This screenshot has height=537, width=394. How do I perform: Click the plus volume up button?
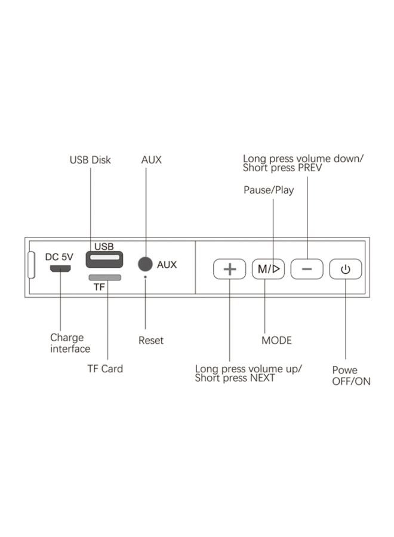[x=230, y=269]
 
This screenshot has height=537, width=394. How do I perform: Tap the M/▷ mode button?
[x=269, y=269]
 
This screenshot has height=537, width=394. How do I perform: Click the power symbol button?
[x=346, y=269]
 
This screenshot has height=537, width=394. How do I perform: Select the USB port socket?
[x=104, y=260]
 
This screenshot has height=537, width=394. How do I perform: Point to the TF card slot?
[x=104, y=277]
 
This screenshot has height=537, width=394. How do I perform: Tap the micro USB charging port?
[x=60, y=269]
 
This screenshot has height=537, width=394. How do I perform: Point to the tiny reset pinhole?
[x=145, y=277]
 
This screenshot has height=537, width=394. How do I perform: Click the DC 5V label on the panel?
[x=59, y=257]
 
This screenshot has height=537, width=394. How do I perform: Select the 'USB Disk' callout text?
[x=90, y=160]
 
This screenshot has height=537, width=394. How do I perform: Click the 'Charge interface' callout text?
[x=70, y=343]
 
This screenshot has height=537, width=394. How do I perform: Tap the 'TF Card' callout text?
[x=105, y=369]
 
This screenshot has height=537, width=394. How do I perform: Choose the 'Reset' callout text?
[x=150, y=340]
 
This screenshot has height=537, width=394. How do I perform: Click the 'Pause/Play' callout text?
[x=269, y=190]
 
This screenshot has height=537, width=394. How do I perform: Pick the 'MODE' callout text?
[x=276, y=340]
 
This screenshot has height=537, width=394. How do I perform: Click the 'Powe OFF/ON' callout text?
[x=351, y=375]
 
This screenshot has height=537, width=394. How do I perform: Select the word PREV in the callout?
[x=310, y=168]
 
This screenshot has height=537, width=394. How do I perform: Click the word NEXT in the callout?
[x=262, y=378]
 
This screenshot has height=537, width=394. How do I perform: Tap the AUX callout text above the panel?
[x=151, y=160]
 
